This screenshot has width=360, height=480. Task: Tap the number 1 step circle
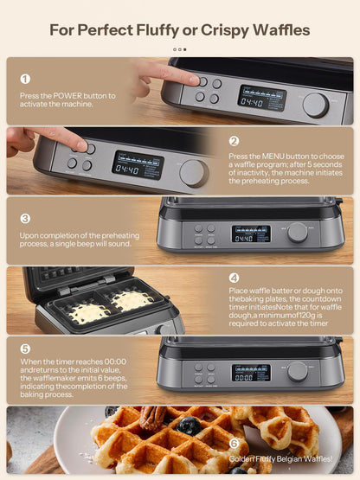click(24, 79)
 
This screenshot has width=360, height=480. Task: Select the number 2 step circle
click(234, 141)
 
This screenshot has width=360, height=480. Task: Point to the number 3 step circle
click(25, 219)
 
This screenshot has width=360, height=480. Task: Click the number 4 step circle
click(234, 278)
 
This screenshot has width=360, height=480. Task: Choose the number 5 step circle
click(25, 349)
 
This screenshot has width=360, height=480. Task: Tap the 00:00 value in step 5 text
click(111, 362)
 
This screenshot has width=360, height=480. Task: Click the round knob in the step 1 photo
click(315, 105)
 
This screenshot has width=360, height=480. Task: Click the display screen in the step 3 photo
click(251, 234)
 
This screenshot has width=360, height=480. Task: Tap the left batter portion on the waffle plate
click(88, 313)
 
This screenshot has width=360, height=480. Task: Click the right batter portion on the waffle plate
click(132, 300)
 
